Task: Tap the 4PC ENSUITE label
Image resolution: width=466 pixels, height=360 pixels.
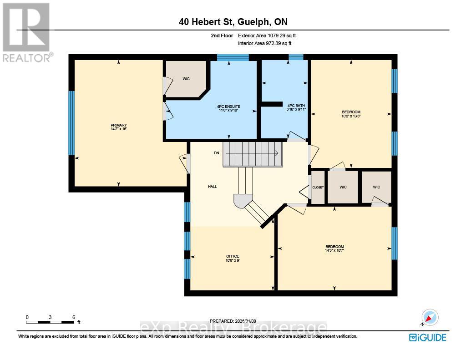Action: (x=228, y=106)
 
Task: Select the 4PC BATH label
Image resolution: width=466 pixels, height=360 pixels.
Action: (x=296, y=106)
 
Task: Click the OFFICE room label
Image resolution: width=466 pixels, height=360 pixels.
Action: (x=233, y=256)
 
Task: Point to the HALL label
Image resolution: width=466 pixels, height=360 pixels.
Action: (x=213, y=186)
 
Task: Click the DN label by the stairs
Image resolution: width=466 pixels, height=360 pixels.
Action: (x=217, y=153)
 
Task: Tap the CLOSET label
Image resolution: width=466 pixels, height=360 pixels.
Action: (x=318, y=187)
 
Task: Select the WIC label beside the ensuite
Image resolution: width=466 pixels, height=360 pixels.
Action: (x=186, y=79)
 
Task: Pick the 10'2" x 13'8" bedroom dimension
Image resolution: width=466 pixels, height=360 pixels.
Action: (x=351, y=116)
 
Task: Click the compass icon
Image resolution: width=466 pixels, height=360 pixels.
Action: (x=429, y=317)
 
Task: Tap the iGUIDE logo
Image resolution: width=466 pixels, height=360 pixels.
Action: (x=427, y=337)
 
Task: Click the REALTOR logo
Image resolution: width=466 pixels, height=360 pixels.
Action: (x=27, y=32)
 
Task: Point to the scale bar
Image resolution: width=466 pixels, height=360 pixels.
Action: (x=50, y=322)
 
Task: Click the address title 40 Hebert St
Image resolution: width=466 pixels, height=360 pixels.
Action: (x=233, y=21)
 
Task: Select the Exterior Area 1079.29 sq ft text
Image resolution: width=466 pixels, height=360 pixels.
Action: (x=268, y=35)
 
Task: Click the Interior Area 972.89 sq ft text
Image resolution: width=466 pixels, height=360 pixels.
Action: (x=264, y=43)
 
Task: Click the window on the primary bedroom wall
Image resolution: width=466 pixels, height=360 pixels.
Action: (x=71, y=123)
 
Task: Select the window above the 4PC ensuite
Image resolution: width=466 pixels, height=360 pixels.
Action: (x=233, y=57)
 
